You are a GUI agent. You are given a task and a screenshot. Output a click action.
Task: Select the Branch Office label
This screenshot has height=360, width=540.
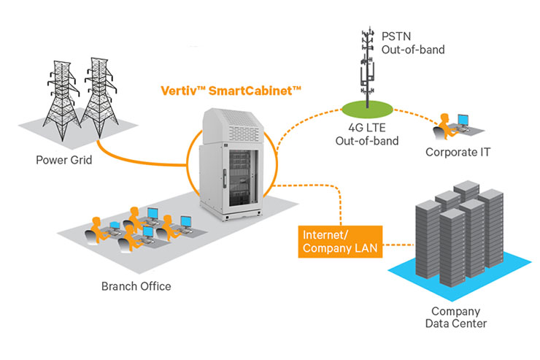136,286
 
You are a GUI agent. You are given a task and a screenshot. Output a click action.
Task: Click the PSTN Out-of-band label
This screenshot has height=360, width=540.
413,42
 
